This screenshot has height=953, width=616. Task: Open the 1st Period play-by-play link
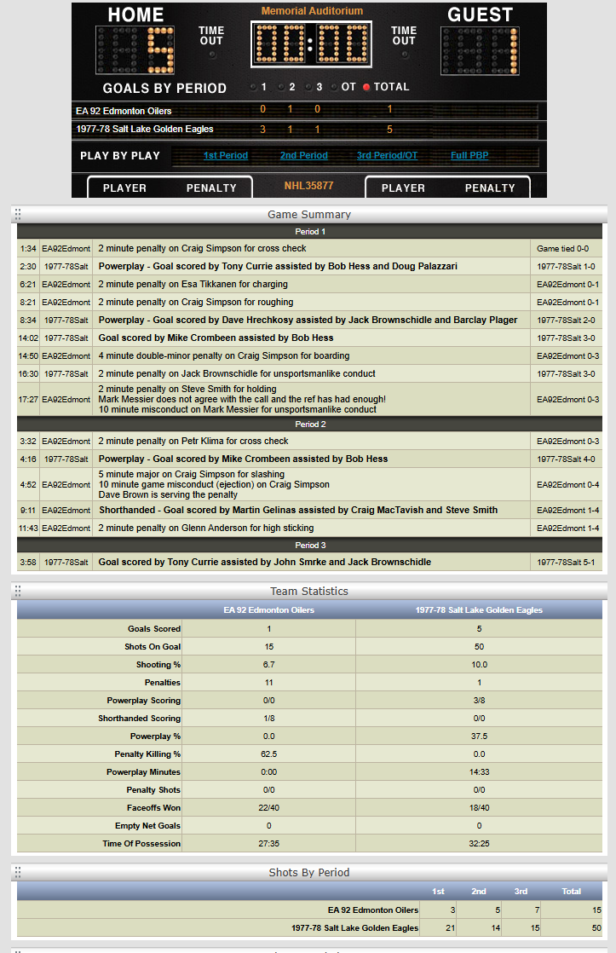[226, 155]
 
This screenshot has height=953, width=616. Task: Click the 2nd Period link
[303, 155]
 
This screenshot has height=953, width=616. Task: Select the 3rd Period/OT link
[387, 155]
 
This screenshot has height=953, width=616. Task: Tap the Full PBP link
[469, 155]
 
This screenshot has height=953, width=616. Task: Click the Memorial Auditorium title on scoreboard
[312, 11]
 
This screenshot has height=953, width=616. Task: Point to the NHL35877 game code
[308, 185]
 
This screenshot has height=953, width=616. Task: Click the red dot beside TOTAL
[366, 87]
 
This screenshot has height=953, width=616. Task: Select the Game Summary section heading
[309, 214]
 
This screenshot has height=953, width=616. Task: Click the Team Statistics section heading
[309, 591]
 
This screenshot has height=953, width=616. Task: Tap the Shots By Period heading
[309, 872]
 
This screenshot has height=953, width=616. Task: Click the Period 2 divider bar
[310, 424]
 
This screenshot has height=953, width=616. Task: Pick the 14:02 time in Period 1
[28, 338]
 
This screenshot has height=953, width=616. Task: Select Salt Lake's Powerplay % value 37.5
[478, 736]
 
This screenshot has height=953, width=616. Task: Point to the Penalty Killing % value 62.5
[268, 754]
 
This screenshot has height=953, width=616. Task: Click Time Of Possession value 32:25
[478, 843]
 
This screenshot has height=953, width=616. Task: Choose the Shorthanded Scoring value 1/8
[268, 718]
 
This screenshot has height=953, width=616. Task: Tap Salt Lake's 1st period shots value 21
[438, 927]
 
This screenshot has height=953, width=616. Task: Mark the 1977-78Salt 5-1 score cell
[566, 562]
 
